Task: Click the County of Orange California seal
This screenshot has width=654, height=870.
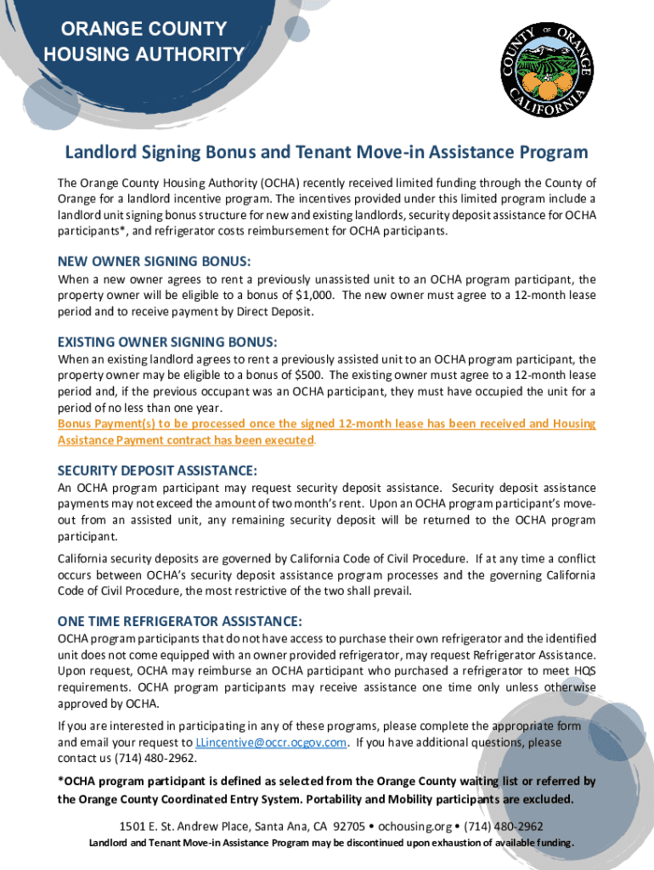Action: click(546, 71)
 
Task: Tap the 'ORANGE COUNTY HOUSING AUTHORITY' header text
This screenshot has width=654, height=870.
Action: click(144, 42)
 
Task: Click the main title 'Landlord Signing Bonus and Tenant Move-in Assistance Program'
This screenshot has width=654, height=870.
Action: click(327, 153)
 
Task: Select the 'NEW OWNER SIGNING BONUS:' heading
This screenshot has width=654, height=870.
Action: click(154, 261)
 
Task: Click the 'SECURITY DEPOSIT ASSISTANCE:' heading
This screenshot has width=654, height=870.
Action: click(157, 470)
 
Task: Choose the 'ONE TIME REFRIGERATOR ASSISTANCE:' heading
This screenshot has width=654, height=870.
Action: click(179, 620)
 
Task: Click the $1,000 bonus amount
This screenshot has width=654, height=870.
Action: click(313, 295)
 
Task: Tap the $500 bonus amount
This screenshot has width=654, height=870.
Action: click(307, 375)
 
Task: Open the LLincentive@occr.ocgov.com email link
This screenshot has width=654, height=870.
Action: click(271, 742)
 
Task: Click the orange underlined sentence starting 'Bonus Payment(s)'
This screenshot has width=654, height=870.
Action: click(326, 432)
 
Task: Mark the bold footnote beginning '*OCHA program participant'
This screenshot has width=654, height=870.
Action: click(326, 790)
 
